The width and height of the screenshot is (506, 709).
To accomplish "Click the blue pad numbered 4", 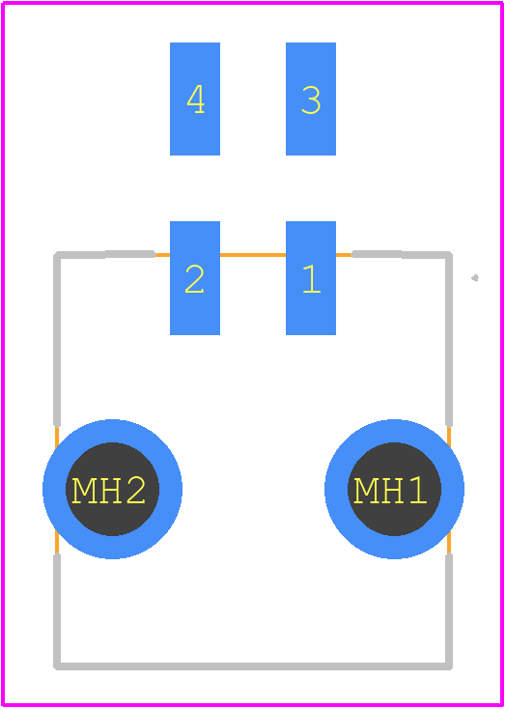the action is (x=195, y=99).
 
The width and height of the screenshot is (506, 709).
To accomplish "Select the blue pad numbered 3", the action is (x=311, y=99).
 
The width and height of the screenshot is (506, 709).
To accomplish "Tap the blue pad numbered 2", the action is (x=195, y=278).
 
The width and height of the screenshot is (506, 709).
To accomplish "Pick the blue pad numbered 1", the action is (x=311, y=278).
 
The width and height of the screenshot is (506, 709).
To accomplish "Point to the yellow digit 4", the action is (x=196, y=99).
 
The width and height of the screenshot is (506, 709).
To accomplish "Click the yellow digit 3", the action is (x=311, y=99).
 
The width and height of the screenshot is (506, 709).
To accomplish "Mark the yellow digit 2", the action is (x=194, y=278).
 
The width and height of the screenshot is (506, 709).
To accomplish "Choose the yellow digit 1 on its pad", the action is (x=312, y=278).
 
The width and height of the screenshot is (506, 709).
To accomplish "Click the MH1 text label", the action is (x=390, y=491).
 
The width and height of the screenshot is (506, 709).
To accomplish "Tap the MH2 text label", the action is (x=108, y=491).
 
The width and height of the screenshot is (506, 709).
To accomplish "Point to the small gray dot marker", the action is (x=475, y=278).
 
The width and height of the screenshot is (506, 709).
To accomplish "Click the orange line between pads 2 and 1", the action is (x=253, y=255).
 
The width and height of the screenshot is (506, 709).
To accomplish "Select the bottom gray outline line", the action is (x=253, y=666).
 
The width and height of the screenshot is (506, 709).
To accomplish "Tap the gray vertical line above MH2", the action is (x=57, y=340).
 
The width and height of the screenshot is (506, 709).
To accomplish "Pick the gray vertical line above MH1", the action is (x=449, y=340).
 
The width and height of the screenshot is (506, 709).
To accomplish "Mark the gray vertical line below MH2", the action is (x=57, y=611).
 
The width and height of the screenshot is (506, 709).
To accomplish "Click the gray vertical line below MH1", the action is (x=449, y=611).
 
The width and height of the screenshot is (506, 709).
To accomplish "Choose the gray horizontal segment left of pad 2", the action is (x=105, y=254).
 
